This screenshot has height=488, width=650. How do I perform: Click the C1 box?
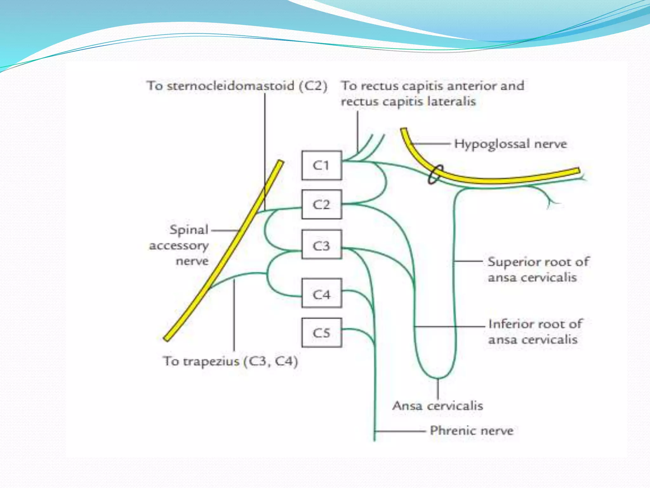[x=322, y=165]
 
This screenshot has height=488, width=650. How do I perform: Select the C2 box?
[x=322, y=205]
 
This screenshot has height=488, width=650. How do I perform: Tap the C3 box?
[x=322, y=245]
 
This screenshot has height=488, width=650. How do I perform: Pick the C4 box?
[x=322, y=293]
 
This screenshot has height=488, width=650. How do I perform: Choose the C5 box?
[x=322, y=333]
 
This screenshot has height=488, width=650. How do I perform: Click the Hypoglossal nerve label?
[x=510, y=144]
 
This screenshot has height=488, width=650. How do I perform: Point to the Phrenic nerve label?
[x=471, y=431]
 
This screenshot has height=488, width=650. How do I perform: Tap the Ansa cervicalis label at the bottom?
[x=438, y=406]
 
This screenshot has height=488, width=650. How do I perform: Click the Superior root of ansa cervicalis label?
[x=538, y=269]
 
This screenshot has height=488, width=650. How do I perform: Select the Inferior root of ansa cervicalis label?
[x=535, y=332]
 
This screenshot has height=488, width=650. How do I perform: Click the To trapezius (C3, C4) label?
[x=230, y=362]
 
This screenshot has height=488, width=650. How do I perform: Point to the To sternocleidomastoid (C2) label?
[x=237, y=86]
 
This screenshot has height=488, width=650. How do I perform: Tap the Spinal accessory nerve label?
[x=180, y=245]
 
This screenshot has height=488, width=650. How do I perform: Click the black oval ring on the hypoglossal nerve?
[x=434, y=174]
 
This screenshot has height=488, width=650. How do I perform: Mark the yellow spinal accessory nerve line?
[x=222, y=251]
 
